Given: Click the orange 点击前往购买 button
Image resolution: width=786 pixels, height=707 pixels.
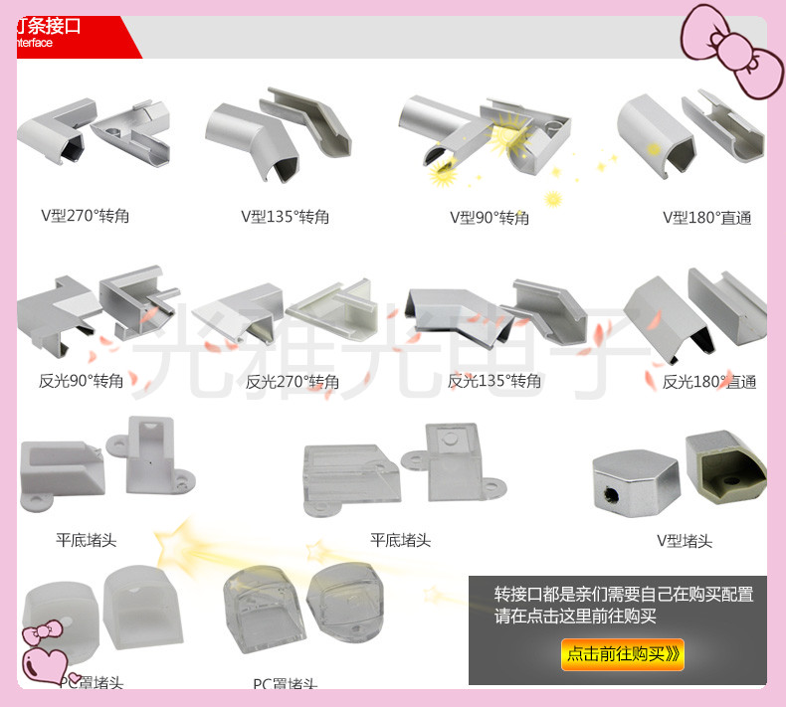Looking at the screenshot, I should click(x=623, y=653).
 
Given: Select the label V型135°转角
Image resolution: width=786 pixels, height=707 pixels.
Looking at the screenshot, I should click(x=285, y=216).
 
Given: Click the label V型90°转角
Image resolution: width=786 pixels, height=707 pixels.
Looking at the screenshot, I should click(x=490, y=217).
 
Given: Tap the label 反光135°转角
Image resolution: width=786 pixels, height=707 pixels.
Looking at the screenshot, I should click(x=494, y=380).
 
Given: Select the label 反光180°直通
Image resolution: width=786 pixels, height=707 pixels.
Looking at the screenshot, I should click(x=709, y=381).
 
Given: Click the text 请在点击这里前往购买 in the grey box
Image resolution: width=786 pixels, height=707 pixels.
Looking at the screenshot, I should click(x=575, y=617).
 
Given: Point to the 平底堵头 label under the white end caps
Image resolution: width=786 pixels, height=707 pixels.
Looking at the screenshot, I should click(x=86, y=540).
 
